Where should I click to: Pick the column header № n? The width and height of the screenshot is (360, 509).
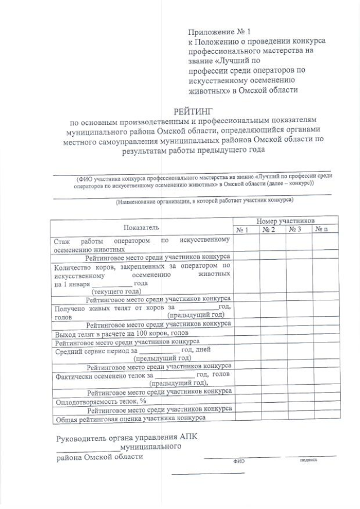(321, 229)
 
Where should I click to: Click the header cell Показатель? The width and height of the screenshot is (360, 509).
(142, 227)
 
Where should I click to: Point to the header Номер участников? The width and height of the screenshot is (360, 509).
(285, 221)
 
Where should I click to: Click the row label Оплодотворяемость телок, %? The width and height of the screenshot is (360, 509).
(100, 401)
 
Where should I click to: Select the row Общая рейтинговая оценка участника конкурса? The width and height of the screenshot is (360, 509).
(129, 418)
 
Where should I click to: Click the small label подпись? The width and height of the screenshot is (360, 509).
(309, 460)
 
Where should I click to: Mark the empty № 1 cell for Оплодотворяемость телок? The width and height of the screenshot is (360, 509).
(246, 401)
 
